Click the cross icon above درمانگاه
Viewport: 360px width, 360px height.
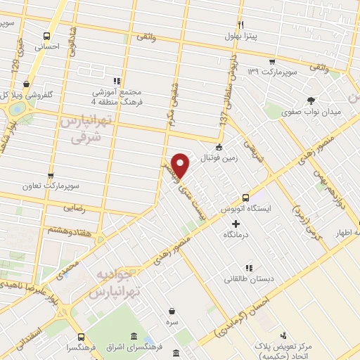(235, 223)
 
